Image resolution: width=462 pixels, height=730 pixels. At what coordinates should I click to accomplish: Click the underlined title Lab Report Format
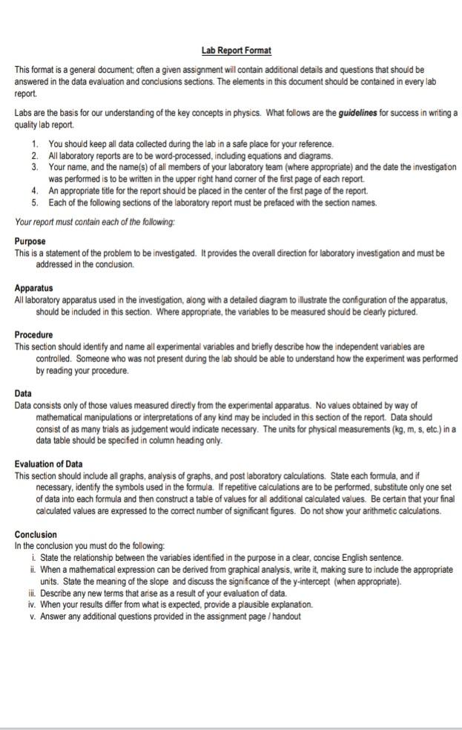237,50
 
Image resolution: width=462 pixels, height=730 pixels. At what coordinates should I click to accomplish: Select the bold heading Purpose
30,242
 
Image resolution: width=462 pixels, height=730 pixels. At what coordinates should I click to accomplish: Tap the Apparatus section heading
34,288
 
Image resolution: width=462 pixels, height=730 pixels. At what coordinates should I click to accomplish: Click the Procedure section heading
34,335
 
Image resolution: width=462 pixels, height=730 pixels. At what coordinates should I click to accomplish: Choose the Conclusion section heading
36,534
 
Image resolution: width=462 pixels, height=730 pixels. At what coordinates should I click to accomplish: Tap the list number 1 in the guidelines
36,143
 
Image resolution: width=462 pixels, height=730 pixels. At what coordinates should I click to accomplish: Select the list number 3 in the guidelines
36,168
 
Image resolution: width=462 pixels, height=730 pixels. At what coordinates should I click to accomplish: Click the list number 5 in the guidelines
36,203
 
